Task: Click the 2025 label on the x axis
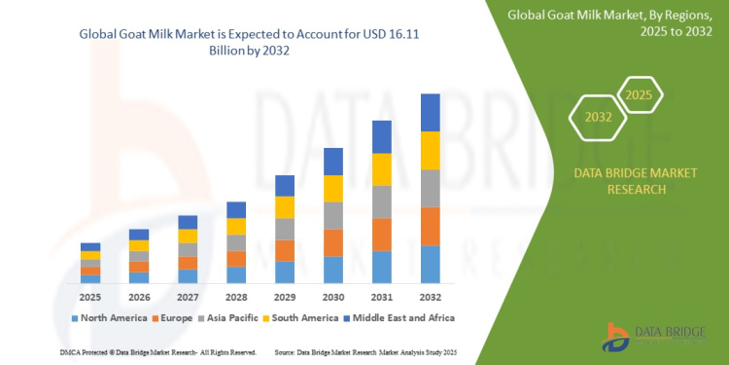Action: coord(89,297)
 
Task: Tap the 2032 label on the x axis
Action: coord(430,297)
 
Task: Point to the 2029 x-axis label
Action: coord(284,297)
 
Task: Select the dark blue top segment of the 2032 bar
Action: coord(430,112)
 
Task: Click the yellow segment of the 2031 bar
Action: coord(381,168)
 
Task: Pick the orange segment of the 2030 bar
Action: coord(332,242)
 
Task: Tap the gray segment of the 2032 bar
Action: coord(430,188)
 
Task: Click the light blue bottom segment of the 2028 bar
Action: coord(235,274)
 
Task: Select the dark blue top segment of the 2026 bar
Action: coord(138,235)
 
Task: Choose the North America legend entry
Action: coord(106,317)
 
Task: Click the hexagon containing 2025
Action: coord(639,96)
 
